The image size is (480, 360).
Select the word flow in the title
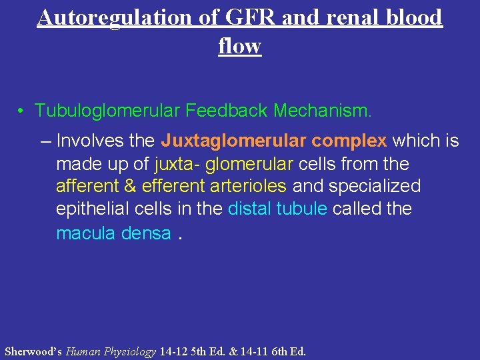tap(239, 46)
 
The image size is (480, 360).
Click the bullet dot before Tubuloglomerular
tap(22, 110)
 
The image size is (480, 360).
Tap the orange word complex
tap(349, 141)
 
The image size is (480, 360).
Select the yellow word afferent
tap(87, 186)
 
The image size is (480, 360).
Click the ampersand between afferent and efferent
tap(130, 186)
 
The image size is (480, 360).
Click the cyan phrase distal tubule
tap(277, 209)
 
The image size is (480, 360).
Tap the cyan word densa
tap(146, 233)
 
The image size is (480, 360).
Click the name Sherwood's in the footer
tap(33, 351)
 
